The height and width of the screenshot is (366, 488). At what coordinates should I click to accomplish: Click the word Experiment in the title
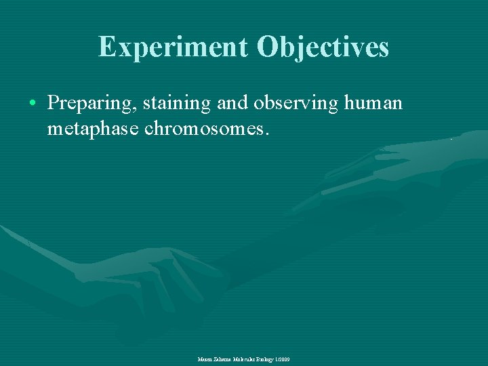pyautogui.click(x=173, y=47)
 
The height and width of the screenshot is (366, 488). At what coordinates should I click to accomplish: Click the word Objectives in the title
pyautogui.click(x=323, y=47)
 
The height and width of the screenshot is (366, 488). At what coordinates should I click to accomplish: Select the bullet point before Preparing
pyautogui.click(x=33, y=104)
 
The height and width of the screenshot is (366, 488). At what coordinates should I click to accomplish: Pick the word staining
pyautogui.click(x=178, y=103)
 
